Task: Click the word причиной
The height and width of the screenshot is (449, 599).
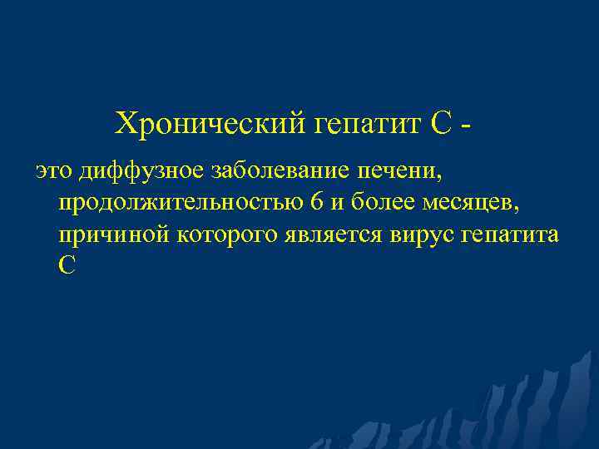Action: click(x=113, y=235)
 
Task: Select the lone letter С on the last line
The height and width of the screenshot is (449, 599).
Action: click(x=67, y=265)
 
